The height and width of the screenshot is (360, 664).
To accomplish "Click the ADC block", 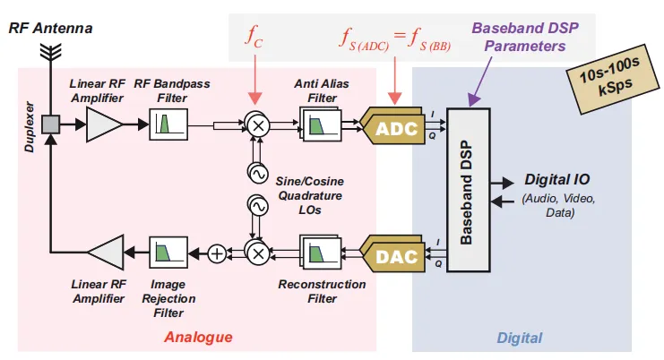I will [x=395, y=129].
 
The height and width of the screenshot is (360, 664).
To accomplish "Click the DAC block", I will [x=395, y=256].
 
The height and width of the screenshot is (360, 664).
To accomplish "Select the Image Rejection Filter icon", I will [x=166, y=253].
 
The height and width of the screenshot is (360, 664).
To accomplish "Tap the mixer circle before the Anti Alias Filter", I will [x=258, y=125].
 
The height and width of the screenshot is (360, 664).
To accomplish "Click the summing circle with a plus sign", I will [x=216, y=253].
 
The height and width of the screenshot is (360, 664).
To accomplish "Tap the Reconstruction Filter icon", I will [x=319, y=253].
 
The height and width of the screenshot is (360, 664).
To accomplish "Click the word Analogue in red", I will [x=198, y=338].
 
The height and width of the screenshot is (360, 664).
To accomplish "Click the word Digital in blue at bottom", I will [x=519, y=338].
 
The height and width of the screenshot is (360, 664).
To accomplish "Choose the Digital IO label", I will [x=556, y=179].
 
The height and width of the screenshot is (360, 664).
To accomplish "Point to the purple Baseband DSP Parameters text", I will [x=525, y=36].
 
